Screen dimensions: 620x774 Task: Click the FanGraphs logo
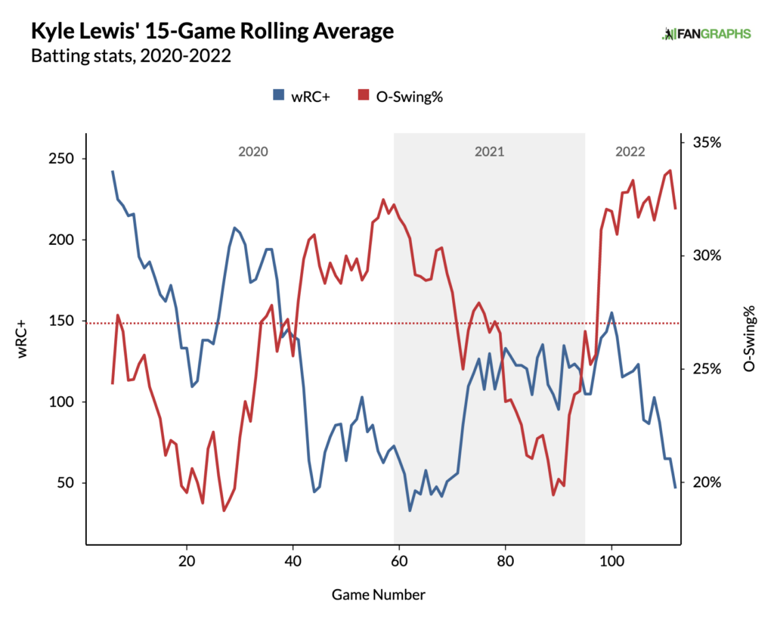pos(706,33)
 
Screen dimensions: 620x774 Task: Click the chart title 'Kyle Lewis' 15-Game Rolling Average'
pos(212,32)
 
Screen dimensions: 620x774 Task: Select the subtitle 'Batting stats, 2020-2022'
pos(131,57)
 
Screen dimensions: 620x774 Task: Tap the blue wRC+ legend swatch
pos(277,95)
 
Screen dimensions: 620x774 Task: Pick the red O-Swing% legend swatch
pos(364,95)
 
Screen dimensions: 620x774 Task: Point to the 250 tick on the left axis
pos(60,159)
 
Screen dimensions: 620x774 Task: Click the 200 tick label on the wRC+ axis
pos(60,240)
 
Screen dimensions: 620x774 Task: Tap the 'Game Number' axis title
pos(378,594)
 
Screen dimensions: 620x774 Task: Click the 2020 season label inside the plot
pos(253,151)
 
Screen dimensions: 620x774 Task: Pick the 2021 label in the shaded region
pos(489,151)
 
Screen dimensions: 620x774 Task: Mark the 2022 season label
pos(630,151)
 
